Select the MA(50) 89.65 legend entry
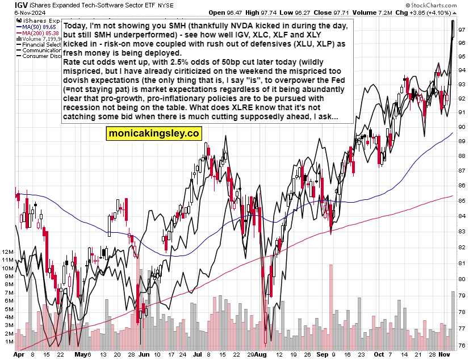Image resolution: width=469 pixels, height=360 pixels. coord(36,27)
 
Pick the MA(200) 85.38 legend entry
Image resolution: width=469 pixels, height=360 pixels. coord(37,34)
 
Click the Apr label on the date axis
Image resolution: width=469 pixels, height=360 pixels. coord(20,354)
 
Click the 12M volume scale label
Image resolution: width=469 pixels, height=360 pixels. coord(8,251)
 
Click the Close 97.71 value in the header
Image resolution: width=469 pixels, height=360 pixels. coord(324,12)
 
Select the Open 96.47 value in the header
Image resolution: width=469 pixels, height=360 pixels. coord(224,12)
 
